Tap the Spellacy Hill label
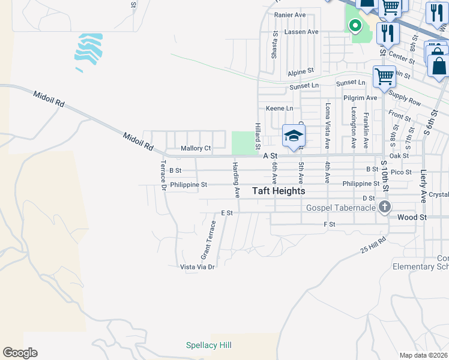pyautogui.click(x=208, y=345)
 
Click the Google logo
pyautogui.click(x=20, y=353)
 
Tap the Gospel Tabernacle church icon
pyautogui.click(x=385, y=208)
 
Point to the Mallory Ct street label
pyautogui.click(x=196, y=148)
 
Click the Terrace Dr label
pyautogui.click(x=163, y=175)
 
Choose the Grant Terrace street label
pyautogui.click(x=208, y=239)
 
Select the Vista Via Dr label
pyautogui.click(x=197, y=266)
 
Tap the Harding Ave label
pyautogui.click(x=237, y=179)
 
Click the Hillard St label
pyautogui.click(x=257, y=136)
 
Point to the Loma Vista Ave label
pyautogui.click(x=328, y=125)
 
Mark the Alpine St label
pyautogui.click(x=301, y=71)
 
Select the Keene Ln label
pyautogui.click(x=280, y=108)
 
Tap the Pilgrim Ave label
pyautogui.click(x=360, y=97)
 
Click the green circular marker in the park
pyautogui.click(x=355, y=26)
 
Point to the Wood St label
pyautogui.click(x=411, y=217)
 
